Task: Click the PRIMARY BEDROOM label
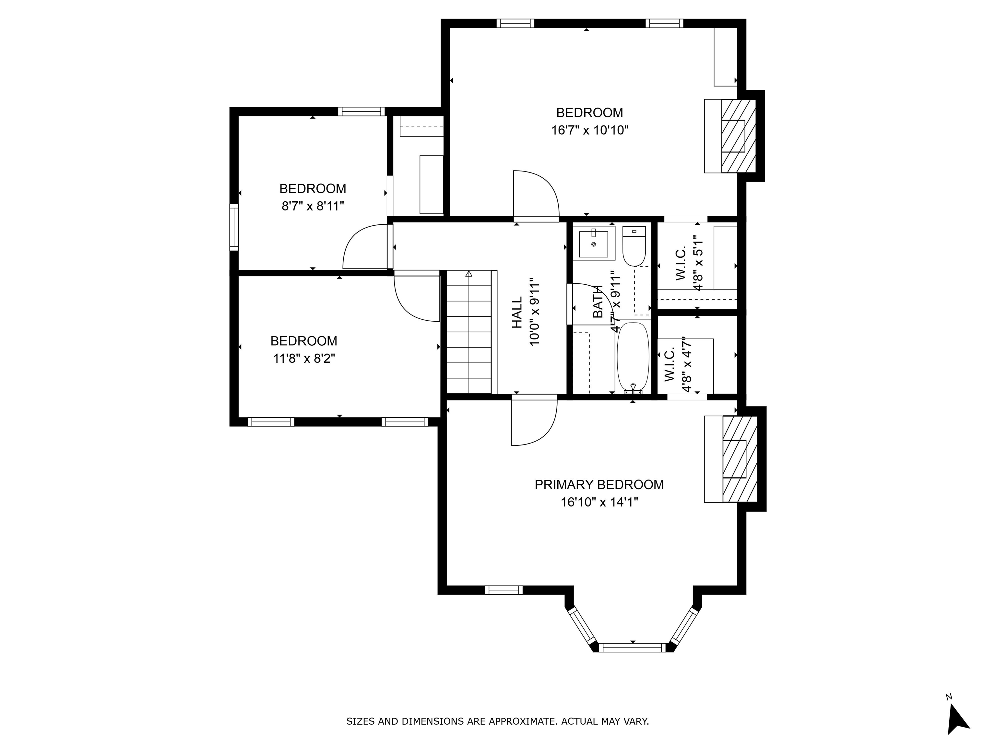(x=599, y=484)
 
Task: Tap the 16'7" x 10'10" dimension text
(x=590, y=130)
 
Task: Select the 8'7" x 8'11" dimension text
(x=313, y=206)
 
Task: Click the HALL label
(x=517, y=312)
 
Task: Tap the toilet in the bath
(x=634, y=246)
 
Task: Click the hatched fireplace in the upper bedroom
(x=739, y=136)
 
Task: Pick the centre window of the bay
(x=633, y=647)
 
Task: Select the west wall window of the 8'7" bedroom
(x=234, y=227)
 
